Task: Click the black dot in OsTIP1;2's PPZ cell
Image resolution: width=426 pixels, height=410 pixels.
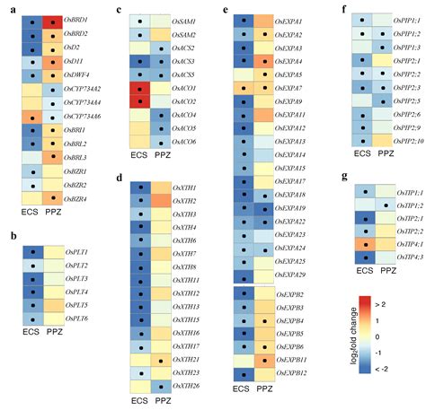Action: click(386, 205)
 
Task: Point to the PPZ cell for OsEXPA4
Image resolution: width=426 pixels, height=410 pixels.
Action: click(265, 61)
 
